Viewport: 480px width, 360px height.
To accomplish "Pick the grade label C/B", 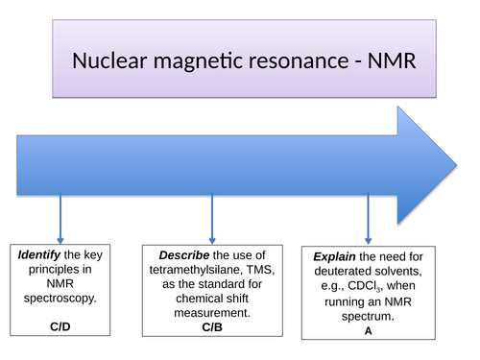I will point(212,326).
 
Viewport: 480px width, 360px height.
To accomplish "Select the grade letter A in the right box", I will point(368,329).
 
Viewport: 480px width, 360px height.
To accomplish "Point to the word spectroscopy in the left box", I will point(61,298).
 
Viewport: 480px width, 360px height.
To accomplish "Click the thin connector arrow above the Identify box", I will point(61,216).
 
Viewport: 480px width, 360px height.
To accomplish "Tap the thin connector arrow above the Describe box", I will point(211,216).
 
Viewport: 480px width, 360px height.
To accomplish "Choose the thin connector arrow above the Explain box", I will point(368,216).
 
